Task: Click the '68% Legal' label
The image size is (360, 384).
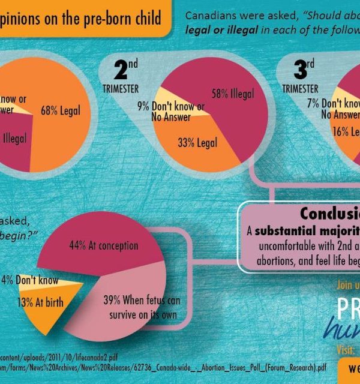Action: [x=61, y=110]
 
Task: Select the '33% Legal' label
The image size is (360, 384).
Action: [x=197, y=143]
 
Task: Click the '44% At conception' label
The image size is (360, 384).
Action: [x=112, y=245]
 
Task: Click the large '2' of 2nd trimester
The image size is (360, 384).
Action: [x=121, y=71]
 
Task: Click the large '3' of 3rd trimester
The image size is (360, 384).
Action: [x=300, y=71]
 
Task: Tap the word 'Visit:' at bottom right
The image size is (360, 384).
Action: [x=346, y=349]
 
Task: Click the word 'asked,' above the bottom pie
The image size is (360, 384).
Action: [x=19, y=220]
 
